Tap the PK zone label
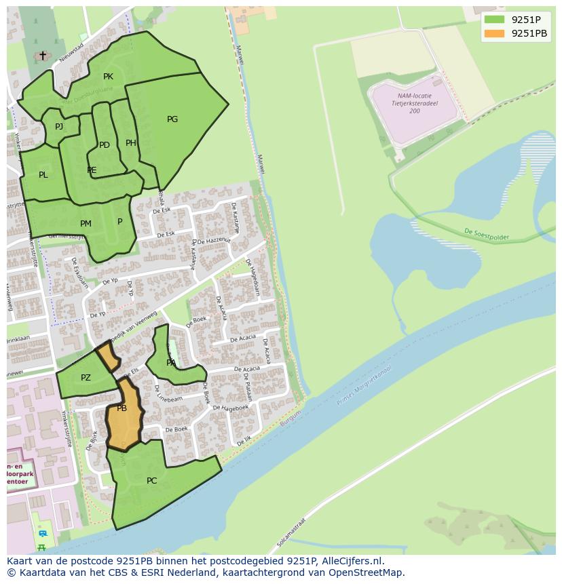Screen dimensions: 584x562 click(108, 77)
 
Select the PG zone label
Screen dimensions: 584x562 click(172, 119)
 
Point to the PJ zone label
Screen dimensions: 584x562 click(59, 126)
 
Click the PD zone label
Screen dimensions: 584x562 click(104, 145)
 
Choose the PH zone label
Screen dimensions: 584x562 click(131, 143)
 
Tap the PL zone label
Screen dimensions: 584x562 click(43, 175)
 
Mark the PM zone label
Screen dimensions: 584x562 click(86, 224)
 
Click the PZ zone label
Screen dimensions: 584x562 click(86, 378)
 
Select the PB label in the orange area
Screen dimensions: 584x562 click(122, 408)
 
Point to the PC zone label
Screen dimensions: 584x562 click(151, 481)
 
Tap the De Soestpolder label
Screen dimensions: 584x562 click(487, 235)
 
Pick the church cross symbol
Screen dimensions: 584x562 click(43, 56)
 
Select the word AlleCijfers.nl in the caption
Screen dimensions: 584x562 click(351, 561)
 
